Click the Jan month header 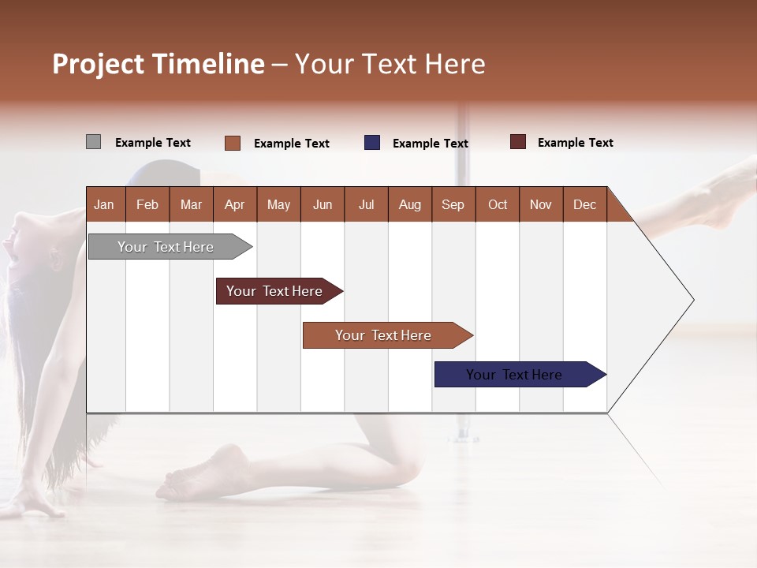coord(104,205)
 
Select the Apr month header coord(234,205)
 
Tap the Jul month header coord(366,205)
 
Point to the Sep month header coord(453,205)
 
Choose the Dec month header coord(584,205)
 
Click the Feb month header coord(147,205)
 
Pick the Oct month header coord(498,205)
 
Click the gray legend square coord(93,142)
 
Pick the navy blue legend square coord(372,143)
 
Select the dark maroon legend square coord(518,142)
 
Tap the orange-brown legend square coord(233,143)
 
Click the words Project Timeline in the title coord(158,64)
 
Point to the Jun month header coord(323,205)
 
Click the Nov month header coord(541,205)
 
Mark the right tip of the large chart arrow coord(692,300)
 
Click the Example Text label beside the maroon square coord(575,143)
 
